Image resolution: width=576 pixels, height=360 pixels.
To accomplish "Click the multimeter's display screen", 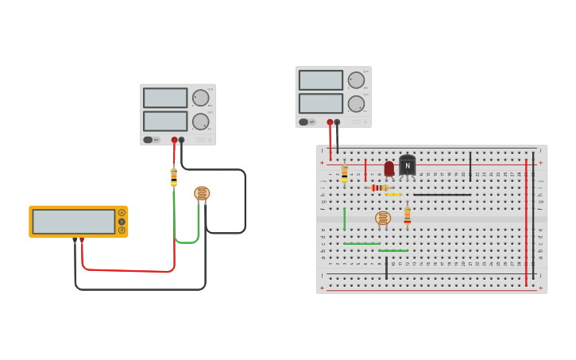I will pyautogui.click(x=73, y=221).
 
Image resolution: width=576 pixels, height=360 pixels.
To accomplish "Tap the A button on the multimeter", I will pyautogui.click(x=122, y=212).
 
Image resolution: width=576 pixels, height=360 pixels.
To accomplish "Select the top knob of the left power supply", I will pyautogui.click(x=200, y=98).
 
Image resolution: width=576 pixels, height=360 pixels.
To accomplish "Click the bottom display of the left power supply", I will pyautogui.click(x=165, y=121).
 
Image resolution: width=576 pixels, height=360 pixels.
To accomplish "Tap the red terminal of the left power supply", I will pyautogui.click(x=174, y=140).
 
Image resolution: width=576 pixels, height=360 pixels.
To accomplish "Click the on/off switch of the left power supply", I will pyautogui.click(x=148, y=140).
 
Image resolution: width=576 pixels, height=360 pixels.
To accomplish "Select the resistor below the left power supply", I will pyautogui.click(x=174, y=176).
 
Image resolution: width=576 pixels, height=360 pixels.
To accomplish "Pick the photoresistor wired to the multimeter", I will pyautogui.click(x=202, y=193).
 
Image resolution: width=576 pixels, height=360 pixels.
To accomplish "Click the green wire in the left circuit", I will pyautogui.click(x=175, y=219).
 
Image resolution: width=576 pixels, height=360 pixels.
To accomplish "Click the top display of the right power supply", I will pyautogui.click(x=320, y=80).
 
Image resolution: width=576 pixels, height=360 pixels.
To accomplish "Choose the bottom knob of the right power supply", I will pyautogui.click(x=356, y=103).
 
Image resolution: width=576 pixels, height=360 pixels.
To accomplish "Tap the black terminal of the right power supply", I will pyautogui.click(x=337, y=122).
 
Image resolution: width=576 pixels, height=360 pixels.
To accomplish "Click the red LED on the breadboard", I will pyautogui.click(x=389, y=168).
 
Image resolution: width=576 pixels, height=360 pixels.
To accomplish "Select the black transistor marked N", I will pyautogui.click(x=408, y=165).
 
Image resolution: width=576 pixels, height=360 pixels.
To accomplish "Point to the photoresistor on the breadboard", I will pyautogui.click(x=383, y=218).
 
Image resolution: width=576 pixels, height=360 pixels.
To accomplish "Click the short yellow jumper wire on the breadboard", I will pyautogui.click(x=393, y=195).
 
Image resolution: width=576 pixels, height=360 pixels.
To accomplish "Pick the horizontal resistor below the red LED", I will pyautogui.click(x=380, y=188).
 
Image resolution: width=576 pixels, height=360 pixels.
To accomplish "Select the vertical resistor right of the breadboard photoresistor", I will pyautogui.click(x=408, y=215).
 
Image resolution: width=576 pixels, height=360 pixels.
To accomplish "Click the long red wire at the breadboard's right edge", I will pyautogui.click(x=526, y=223).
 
